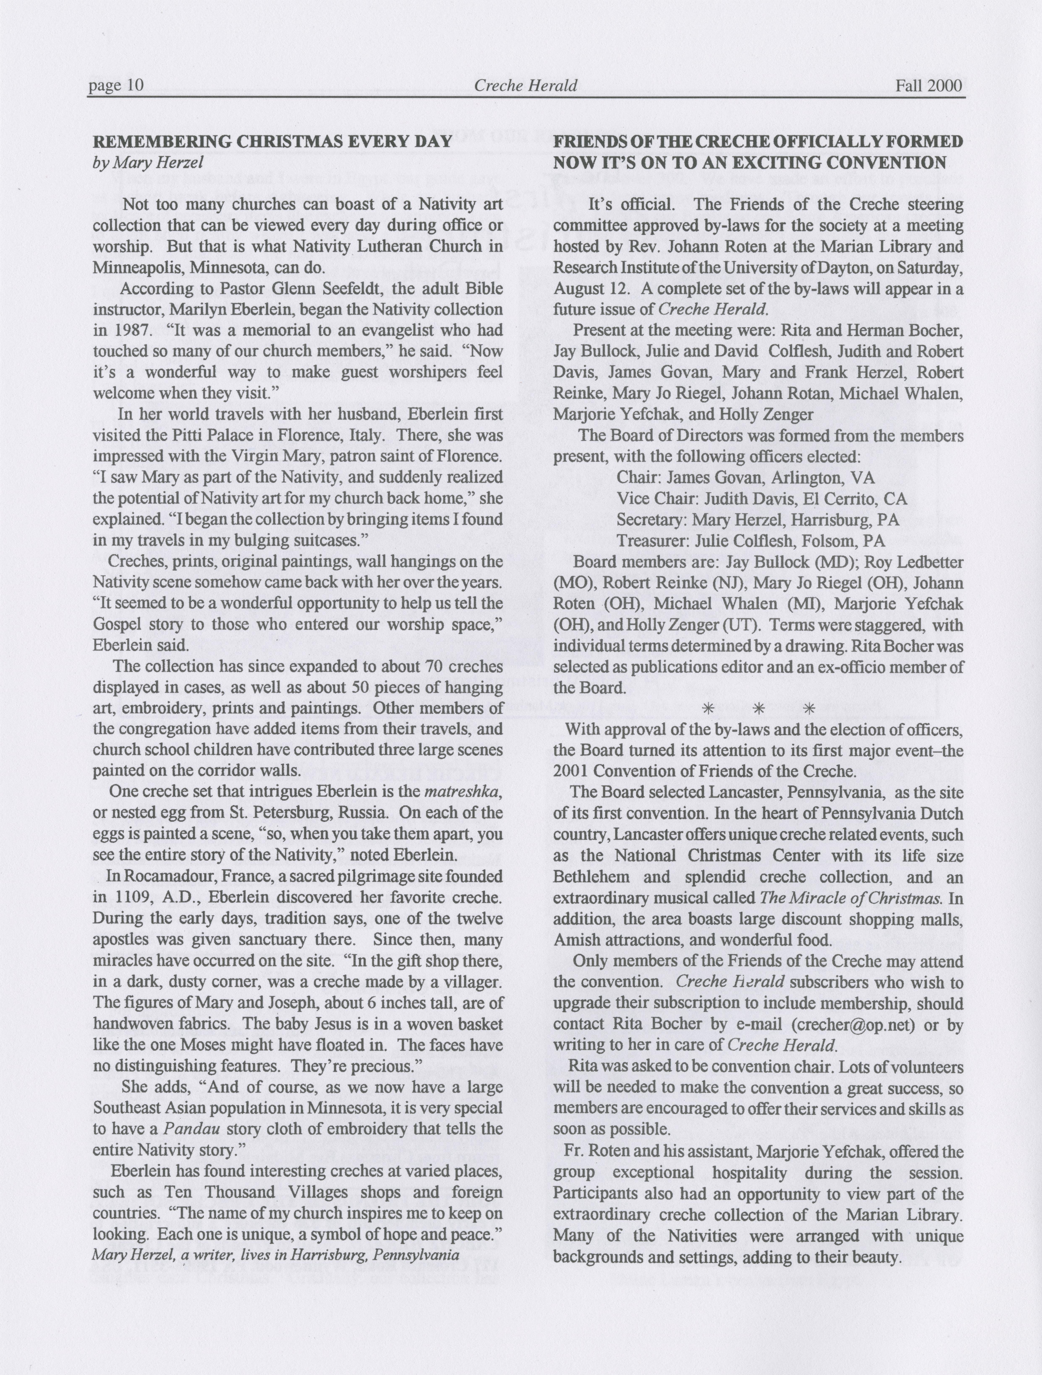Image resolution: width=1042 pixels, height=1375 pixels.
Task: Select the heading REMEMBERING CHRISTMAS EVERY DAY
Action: point(272,142)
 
